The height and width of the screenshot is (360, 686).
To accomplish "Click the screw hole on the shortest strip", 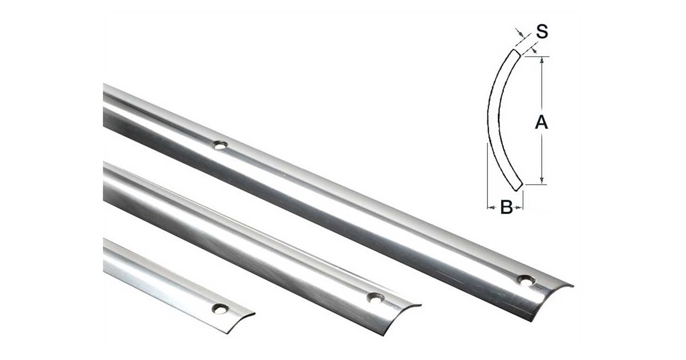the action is click(x=220, y=309).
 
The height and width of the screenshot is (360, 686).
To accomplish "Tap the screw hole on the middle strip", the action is click(x=376, y=298).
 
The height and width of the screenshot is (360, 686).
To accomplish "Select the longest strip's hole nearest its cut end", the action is click(x=527, y=281).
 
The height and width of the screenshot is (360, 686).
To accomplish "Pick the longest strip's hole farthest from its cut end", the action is click(x=221, y=145).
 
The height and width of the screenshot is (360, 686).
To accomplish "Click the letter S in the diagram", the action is click(x=542, y=31).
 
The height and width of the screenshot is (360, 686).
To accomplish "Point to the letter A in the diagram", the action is click(x=541, y=122).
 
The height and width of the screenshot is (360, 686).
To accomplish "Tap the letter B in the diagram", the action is click(x=506, y=207).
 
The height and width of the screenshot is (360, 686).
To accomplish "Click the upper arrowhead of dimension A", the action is click(x=542, y=61).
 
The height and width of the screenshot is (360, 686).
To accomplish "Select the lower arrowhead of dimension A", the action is click(x=542, y=181).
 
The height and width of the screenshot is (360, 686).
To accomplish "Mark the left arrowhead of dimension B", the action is click(x=491, y=207).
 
